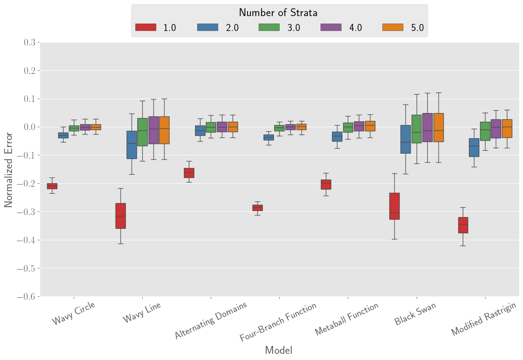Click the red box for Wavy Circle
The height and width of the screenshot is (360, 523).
click(x=52, y=186)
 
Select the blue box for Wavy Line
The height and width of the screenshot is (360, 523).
click(x=132, y=145)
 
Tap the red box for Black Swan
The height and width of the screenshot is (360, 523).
click(x=394, y=206)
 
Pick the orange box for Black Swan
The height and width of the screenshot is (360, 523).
click(x=439, y=128)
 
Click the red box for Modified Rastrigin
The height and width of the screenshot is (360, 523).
click(x=463, y=225)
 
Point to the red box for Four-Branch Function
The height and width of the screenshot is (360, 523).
click(x=257, y=208)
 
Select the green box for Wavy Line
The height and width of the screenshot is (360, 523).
click(x=142, y=132)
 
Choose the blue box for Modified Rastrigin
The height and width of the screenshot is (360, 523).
click(x=474, y=147)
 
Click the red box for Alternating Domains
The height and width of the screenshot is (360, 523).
click(x=189, y=173)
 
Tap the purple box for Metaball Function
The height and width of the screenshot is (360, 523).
click(x=359, y=126)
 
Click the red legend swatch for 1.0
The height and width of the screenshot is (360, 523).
click(x=146, y=27)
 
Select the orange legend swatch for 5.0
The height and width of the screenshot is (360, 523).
click(x=393, y=27)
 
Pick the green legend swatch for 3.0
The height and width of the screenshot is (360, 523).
click(x=269, y=27)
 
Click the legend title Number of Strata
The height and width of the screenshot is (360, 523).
click(x=278, y=13)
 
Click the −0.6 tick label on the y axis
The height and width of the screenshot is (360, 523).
click(x=26, y=297)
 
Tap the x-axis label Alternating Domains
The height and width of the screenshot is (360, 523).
click(x=211, y=320)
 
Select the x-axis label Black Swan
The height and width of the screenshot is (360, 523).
click(x=415, y=314)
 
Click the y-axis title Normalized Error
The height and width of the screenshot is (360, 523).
click(x=8, y=170)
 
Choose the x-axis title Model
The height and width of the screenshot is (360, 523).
click(x=278, y=351)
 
